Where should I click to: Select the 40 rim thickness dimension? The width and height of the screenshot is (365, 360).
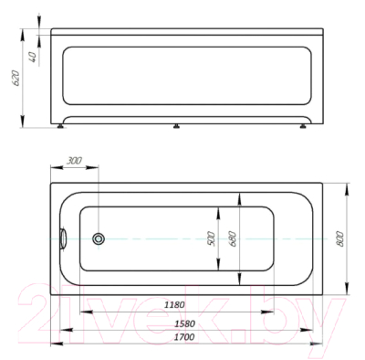(x=33, y=58)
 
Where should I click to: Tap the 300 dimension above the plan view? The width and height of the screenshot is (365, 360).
(x=75, y=162)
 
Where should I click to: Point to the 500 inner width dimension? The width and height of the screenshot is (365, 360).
(x=210, y=239)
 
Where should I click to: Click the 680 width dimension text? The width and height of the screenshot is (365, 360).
(x=233, y=239)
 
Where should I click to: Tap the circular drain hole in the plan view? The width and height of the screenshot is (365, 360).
(x=99, y=238)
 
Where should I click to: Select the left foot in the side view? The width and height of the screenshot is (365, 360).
(x=61, y=126)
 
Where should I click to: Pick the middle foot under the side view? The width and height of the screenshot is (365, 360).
(x=174, y=127)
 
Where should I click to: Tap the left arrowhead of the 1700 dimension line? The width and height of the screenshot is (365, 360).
(x=54, y=344)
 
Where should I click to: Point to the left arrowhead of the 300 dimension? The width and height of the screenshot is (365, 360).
(x=55, y=169)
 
